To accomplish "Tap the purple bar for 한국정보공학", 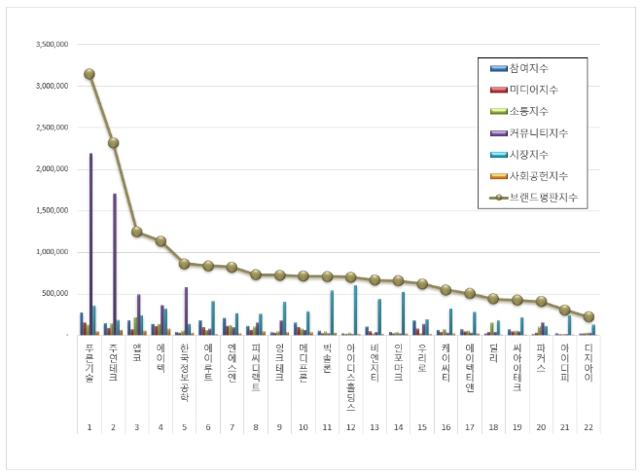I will [186, 311].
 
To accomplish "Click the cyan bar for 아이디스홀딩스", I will [355, 310].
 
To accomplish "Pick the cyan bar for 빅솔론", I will [332, 311].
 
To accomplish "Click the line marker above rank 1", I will [89, 74].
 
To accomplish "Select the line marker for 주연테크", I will [113, 142].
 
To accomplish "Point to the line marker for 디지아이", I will [588, 316].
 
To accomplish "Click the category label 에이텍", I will [160, 359].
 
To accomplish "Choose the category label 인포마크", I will [398, 363].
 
